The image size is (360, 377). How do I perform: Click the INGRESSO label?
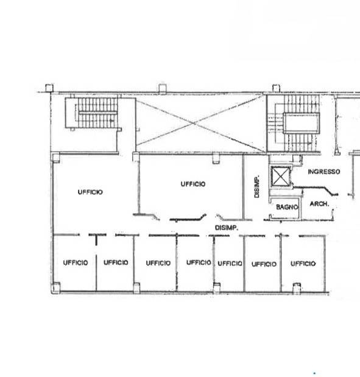click(x=324, y=172)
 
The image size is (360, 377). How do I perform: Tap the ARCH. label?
click(x=319, y=204)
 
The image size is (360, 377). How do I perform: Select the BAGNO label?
click(x=287, y=207)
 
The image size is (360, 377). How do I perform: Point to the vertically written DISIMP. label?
click(x=257, y=186)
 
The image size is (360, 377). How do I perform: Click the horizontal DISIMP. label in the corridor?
click(x=227, y=228)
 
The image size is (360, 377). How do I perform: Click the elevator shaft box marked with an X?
click(x=280, y=176)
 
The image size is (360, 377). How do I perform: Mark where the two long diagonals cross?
click(x=195, y=124)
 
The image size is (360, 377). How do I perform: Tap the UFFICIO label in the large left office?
click(x=90, y=192)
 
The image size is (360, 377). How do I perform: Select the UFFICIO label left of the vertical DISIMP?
click(x=193, y=184)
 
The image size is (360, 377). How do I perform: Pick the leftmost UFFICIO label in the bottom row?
click(x=76, y=262)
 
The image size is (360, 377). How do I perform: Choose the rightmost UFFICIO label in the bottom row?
click(x=303, y=264)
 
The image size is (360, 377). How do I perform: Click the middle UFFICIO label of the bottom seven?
click(x=199, y=262)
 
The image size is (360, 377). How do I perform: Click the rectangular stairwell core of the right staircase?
click(x=302, y=123)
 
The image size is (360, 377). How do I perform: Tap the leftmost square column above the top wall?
click(x=49, y=88)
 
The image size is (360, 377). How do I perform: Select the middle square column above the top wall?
click(x=162, y=88)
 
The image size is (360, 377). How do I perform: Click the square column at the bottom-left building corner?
click(x=55, y=288)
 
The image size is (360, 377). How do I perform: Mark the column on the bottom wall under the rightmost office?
click(x=297, y=288)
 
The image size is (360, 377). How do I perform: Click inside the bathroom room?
click(x=285, y=208)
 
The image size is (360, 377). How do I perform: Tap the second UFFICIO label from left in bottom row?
click(x=116, y=262)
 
